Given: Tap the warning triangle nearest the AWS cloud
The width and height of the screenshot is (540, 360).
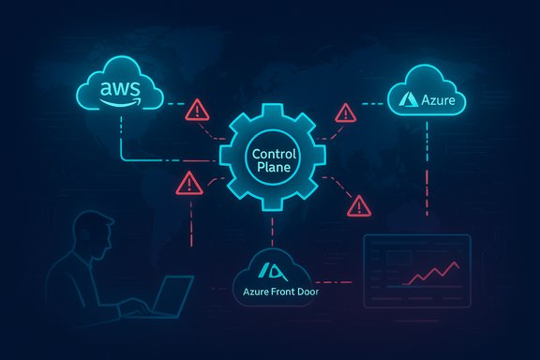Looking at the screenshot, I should tap(199, 112).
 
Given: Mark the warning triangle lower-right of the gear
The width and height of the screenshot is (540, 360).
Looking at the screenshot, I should tap(357, 204).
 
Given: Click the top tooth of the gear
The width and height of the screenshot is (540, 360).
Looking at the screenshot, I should tap(270, 100).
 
